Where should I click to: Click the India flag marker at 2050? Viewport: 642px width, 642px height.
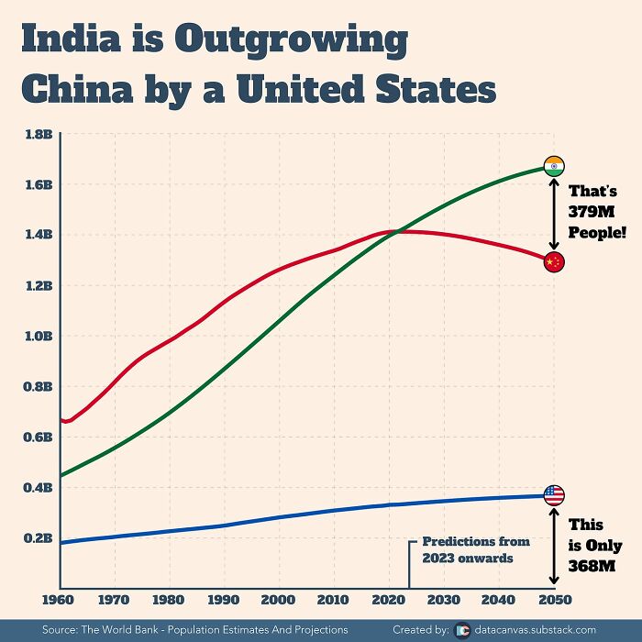(x=554, y=166)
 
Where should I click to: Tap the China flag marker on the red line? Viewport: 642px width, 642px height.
(x=553, y=262)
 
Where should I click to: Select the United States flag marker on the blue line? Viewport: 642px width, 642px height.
(x=554, y=495)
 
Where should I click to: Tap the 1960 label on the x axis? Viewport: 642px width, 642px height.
(x=60, y=601)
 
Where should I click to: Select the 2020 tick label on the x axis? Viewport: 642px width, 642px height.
(x=390, y=601)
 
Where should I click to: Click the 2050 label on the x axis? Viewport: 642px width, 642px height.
(x=554, y=601)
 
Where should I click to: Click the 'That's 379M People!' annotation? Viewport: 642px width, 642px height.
(x=594, y=212)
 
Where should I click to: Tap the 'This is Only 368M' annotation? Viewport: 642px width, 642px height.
(x=594, y=546)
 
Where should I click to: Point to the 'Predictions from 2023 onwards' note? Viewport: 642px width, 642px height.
(x=468, y=549)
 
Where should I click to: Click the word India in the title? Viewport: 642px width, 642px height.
(x=69, y=40)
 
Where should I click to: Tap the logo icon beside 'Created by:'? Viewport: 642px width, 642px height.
(x=462, y=630)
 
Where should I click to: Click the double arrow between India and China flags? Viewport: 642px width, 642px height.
(x=553, y=214)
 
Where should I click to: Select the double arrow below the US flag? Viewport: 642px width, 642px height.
(x=553, y=547)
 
